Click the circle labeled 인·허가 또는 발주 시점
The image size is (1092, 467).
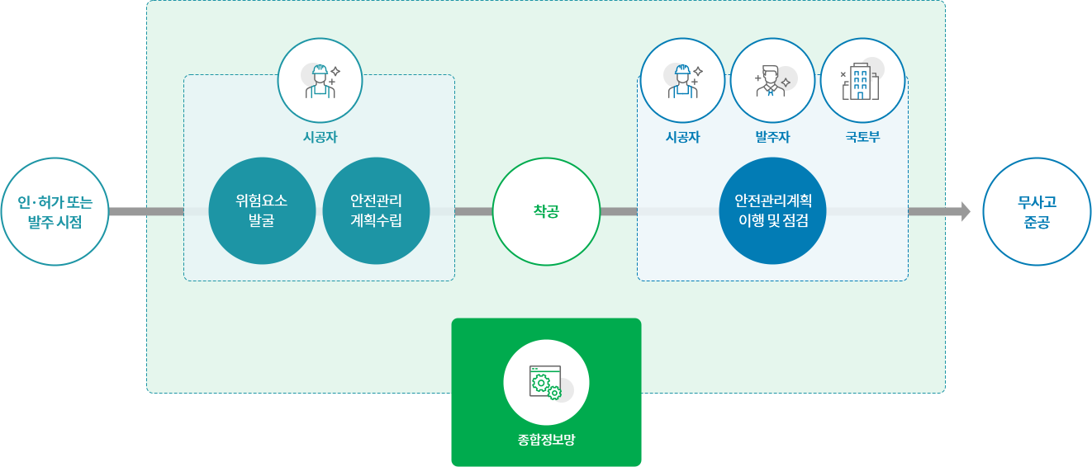(x=55, y=211)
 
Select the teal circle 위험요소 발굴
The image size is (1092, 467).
(x=262, y=211)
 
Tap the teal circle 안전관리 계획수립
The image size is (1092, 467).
(x=376, y=211)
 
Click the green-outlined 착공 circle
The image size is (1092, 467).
(x=546, y=211)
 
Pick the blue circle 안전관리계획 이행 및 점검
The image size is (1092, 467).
(x=772, y=211)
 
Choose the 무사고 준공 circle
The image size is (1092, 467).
(x=1037, y=211)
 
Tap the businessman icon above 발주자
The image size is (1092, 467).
(x=772, y=80)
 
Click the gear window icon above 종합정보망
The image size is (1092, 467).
(x=546, y=382)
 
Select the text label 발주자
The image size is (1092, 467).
(x=772, y=137)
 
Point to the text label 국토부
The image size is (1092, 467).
(x=862, y=137)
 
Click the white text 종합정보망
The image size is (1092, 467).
(x=546, y=440)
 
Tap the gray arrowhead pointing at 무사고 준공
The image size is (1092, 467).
(x=966, y=211)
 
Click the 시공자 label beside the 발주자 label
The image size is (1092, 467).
(x=682, y=137)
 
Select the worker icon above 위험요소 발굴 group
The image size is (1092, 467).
(x=320, y=80)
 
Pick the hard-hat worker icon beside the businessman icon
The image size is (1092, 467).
(x=682, y=80)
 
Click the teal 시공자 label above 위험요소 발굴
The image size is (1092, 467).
(x=320, y=137)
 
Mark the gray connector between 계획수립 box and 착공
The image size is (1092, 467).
(x=473, y=211)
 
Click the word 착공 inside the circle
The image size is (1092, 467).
(x=546, y=211)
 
